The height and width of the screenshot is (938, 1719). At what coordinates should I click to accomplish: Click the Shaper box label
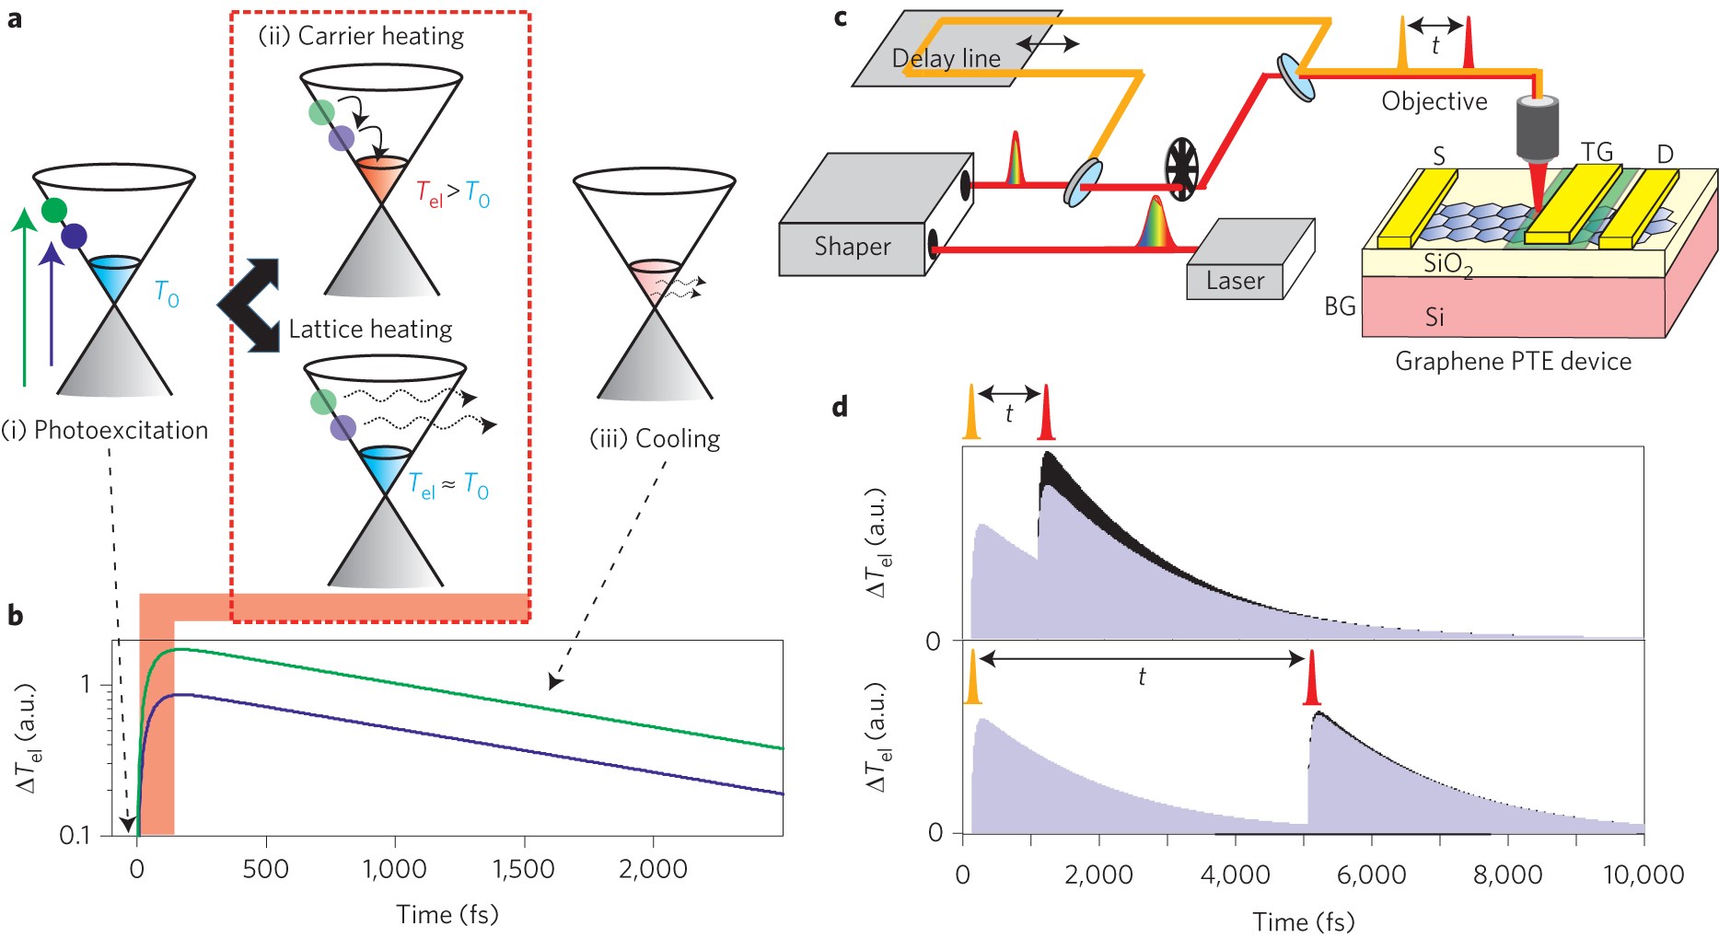tap(852, 247)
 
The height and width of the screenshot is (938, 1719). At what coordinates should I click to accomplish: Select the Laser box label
tap(1235, 281)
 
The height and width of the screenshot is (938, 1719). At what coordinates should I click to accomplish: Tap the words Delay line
tap(946, 59)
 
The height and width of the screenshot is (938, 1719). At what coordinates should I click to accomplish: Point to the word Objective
tap(1434, 101)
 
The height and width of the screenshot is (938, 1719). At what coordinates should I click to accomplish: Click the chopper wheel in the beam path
tap(1181, 169)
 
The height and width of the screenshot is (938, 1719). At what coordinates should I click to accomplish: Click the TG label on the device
tap(1597, 152)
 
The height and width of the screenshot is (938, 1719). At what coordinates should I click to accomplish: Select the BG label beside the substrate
tap(1340, 306)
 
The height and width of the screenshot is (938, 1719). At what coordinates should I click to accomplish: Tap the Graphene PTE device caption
tap(1513, 361)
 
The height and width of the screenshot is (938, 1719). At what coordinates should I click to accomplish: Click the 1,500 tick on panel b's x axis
tap(524, 869)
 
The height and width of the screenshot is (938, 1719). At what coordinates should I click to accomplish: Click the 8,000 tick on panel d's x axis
tap(1507, 874)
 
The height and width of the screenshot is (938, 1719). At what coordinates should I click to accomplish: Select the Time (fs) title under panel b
tap(447, 914)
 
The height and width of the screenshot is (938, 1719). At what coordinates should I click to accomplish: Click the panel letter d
tap(840, 407)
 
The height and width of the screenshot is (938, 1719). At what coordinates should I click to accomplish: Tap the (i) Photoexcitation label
tap(105, 430)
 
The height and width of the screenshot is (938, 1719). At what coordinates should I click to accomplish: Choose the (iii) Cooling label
tap(655, 438)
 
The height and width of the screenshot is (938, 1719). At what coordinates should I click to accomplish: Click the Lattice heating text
tap(370, 330)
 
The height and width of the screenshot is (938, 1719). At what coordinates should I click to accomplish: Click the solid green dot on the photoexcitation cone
tap(54, 210)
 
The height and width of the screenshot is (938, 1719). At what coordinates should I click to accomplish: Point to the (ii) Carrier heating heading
tap(361, 36)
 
